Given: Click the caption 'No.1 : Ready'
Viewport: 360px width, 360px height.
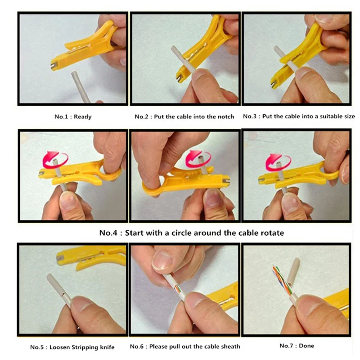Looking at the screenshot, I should tap(73, 117).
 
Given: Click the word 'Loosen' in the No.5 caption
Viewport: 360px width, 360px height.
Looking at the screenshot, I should tap(62, 347).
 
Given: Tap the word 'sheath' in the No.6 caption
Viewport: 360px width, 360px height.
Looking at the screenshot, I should tap(230, 346).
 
